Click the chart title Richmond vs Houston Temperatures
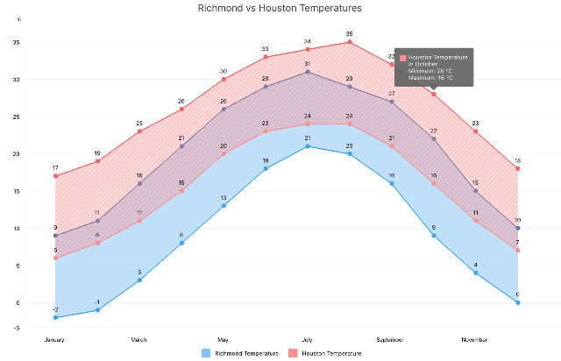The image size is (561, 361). [x=280, y=8]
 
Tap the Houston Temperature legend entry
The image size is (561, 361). [x=324, y=352]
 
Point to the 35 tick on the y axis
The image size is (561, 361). [x=17, y=42]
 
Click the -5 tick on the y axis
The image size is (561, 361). [x=17, y=328]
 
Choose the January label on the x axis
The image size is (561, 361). [x=55, y=339]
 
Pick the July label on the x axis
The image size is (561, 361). [x=307, y=339]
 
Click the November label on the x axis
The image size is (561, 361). [x=475, y=339]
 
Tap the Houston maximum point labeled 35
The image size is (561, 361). [x=350, y=42]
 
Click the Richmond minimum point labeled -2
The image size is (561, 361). [x=55, y=317]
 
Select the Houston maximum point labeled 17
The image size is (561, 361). [x=55, y=176]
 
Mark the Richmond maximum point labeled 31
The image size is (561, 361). [x=308, y=72]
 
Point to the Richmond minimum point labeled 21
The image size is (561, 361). [x=308, y=146]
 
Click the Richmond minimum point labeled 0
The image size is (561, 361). [x=517, y=302]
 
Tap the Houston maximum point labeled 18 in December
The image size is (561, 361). [x=517, y=168]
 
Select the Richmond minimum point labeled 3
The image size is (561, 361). [x=139, y=280]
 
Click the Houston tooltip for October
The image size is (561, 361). [x=434, y=67]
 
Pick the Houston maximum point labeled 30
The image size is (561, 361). [x=224, y=79]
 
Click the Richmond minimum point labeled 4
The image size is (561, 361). [x=476, y=273]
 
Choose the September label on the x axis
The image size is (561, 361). [x=391, y=339]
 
